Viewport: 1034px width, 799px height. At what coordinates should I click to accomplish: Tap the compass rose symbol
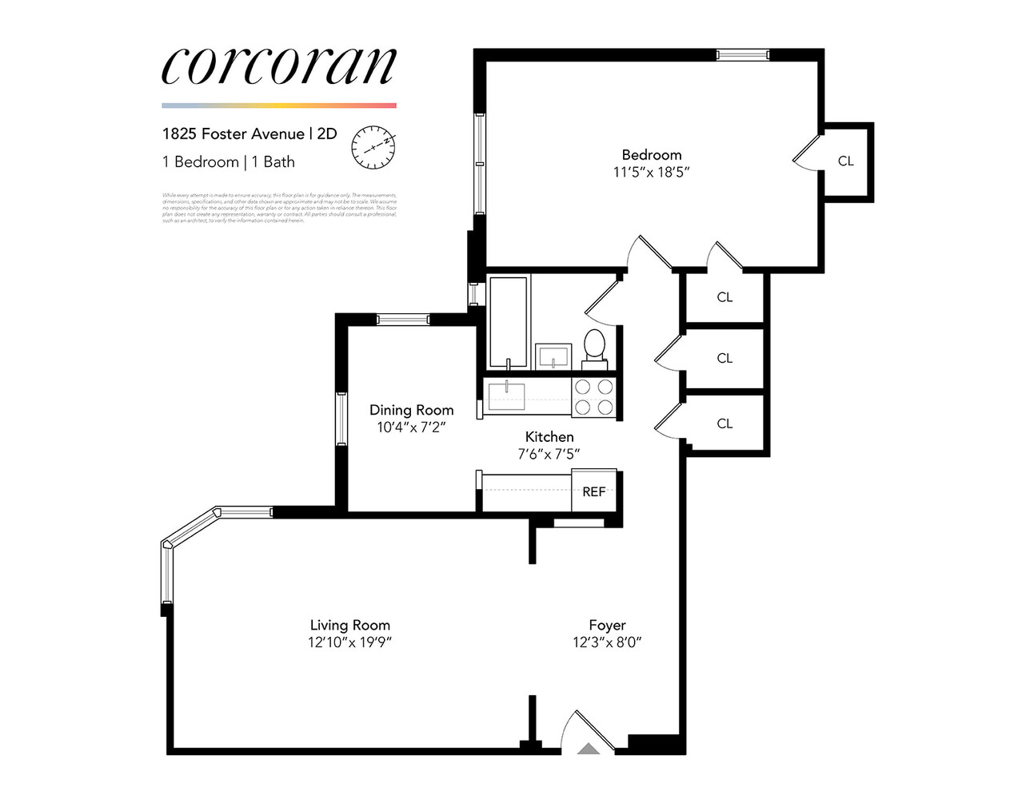373,147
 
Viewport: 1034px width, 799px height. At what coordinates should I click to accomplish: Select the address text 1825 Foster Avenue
233,133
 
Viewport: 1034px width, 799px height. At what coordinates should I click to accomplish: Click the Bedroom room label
651,155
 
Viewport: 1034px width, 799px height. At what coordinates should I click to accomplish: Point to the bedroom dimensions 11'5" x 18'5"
651,172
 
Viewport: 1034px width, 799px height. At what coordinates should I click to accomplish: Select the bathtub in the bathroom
508,322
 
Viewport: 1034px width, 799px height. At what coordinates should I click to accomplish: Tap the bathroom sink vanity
553,355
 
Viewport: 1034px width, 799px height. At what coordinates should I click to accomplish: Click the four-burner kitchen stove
594,397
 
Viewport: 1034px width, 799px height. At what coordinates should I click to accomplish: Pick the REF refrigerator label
593,491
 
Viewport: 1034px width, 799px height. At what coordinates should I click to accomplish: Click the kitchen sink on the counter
507,395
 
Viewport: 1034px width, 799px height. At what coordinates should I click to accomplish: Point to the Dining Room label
411,410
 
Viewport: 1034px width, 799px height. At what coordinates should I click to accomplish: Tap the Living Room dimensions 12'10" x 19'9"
349,642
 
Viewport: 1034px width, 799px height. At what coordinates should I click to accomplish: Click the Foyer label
607,626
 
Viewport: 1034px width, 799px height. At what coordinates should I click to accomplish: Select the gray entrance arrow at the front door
589,749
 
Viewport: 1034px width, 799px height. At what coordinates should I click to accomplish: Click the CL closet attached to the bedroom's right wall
845,161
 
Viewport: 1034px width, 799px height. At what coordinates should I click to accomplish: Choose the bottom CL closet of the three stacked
725,423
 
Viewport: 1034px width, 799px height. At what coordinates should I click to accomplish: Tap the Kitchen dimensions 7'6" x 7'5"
549,454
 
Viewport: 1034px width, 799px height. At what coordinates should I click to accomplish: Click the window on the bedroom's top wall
742,55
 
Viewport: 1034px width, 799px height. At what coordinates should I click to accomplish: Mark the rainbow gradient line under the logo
278,105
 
